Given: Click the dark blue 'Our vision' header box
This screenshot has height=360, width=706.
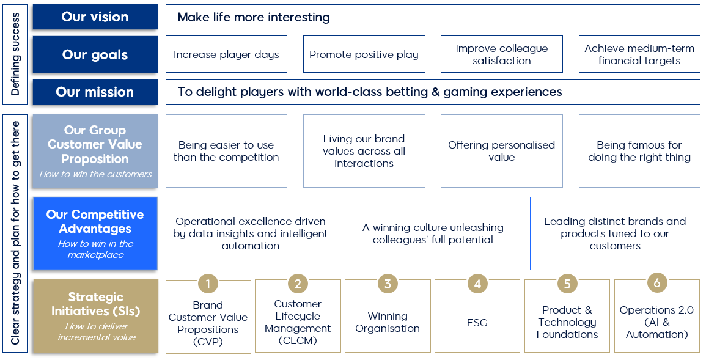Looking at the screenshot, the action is coord(95,17).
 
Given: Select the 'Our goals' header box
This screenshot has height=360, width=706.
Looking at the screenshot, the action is coord(95,54).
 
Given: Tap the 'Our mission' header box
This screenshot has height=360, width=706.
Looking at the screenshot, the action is coord(95,92).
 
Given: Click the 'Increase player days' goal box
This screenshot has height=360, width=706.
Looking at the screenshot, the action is coord(227,54).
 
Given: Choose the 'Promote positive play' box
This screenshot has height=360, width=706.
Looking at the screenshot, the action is coord(364,54).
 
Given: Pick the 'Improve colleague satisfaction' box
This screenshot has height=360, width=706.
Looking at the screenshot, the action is coord(502,54).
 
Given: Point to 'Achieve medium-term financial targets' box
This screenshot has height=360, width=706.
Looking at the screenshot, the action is coord(639,54).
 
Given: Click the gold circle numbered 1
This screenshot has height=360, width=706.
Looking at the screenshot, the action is coord(208,284).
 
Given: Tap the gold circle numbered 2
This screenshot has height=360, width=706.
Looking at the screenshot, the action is coord(298,284).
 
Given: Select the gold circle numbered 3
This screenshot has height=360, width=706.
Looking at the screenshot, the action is coord(388,284).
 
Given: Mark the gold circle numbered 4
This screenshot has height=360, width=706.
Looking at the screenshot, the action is coord(477,284).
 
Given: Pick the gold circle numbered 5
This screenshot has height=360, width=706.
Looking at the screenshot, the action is coord(567,284).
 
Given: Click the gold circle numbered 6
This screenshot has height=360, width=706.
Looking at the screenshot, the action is coord(657,282).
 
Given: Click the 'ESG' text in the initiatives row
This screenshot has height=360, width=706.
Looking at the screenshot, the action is coord(477,323).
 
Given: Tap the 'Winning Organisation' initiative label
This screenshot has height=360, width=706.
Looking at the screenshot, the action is coord(388,322).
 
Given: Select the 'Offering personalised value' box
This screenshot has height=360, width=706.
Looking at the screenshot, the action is coord(502,151).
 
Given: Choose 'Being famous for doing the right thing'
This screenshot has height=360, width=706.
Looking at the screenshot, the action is coord(639,151).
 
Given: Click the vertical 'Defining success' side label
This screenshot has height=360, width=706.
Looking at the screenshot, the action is coord(15,54).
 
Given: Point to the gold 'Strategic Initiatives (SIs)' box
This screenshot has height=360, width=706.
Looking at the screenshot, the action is coord(95,316).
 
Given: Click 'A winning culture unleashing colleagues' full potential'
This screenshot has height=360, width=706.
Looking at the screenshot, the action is coord(433,233).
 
